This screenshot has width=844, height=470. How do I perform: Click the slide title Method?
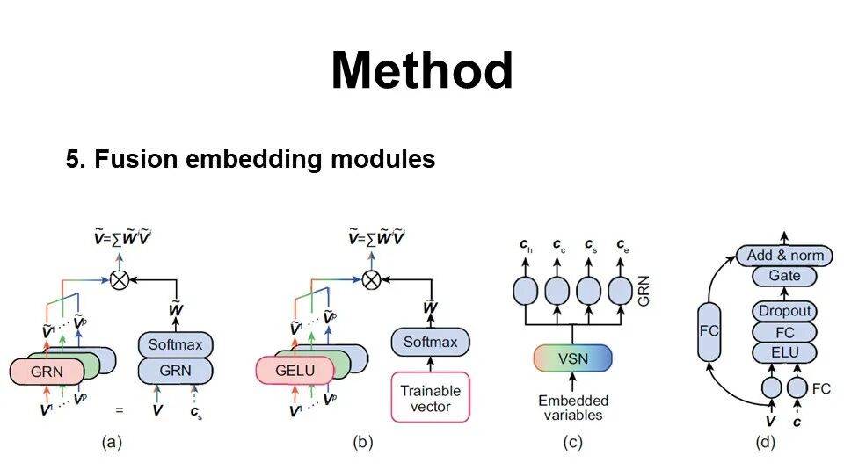(x=422, y=70)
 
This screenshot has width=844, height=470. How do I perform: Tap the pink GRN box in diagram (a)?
(x=47, y=372)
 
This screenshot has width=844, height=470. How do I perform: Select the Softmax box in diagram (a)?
(x=175, y=344)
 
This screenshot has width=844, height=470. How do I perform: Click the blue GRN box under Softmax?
(x=175, y=371)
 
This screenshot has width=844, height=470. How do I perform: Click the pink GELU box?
(x=295, y=371)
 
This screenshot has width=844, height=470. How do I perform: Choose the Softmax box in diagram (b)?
(x=431, y=342)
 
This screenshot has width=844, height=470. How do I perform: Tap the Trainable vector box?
(x=431, y=398)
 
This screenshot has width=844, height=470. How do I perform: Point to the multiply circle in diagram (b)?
(x=372, y=279)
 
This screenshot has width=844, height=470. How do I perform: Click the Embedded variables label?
(x=573, y=408)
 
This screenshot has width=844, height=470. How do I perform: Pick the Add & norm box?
(x=785, y=256)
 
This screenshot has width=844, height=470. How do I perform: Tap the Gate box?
(x=785, y=276)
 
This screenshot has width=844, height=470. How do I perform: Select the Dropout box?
(x=785, y=311)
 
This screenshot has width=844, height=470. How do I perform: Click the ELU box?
(x=785, y=353)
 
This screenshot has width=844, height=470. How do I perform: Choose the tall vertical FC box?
(x=710, y=330)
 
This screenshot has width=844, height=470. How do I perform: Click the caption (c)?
(x=572, y=443)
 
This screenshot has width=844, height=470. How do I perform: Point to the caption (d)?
(x=767, y=443)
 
